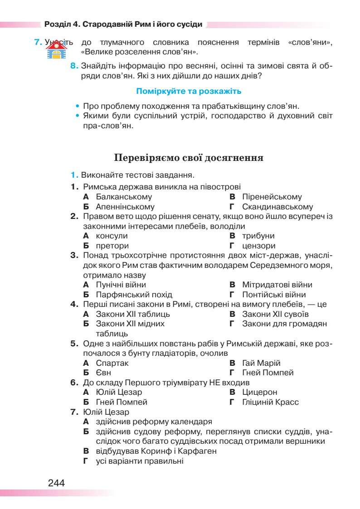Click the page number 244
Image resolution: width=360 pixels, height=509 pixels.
click(56, 483)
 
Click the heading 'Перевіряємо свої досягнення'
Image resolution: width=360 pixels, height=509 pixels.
click(189, 158)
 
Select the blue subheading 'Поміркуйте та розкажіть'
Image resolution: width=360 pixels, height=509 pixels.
click(188, 92)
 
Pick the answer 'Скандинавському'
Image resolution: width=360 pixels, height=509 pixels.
click(277, 207)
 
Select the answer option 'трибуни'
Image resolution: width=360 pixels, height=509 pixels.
click(258, 236)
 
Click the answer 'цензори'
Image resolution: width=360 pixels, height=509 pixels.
click(258, 246)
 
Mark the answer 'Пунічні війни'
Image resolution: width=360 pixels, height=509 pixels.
click(121, 285)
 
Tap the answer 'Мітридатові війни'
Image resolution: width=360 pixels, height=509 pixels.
click(277, 285)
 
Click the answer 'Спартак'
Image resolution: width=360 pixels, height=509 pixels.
click(112, 363)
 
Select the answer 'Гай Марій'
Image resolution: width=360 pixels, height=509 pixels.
click(261, 363)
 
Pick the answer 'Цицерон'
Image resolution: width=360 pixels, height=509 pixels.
click(259, 392)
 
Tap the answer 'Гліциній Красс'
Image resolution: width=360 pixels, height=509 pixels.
click(270, 402)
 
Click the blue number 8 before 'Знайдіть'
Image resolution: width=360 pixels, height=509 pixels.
click(74, 66)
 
